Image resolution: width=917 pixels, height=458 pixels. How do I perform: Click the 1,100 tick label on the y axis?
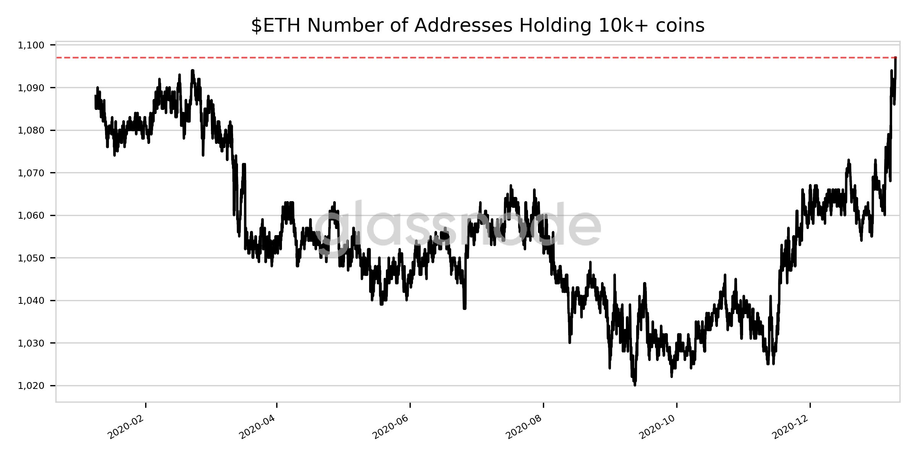tap(31, 45)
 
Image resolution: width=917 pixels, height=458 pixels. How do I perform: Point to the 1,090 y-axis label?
tap(31, 88)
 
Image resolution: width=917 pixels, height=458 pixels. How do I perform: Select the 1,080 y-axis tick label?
tap(31, 131)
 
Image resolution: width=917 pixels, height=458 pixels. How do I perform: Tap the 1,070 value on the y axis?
tap(31, 173)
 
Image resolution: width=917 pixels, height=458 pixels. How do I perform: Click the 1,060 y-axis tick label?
tap(31, 216)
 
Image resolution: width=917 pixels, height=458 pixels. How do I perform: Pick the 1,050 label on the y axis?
tap(31, 258)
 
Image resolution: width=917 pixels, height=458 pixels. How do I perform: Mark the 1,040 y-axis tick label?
tap(31, 301)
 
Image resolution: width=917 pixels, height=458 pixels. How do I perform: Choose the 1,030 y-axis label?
tap(31, 343)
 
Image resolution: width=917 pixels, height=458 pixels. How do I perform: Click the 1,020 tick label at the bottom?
tap(31, 386)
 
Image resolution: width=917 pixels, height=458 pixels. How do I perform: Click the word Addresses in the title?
tap(463, 26)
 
